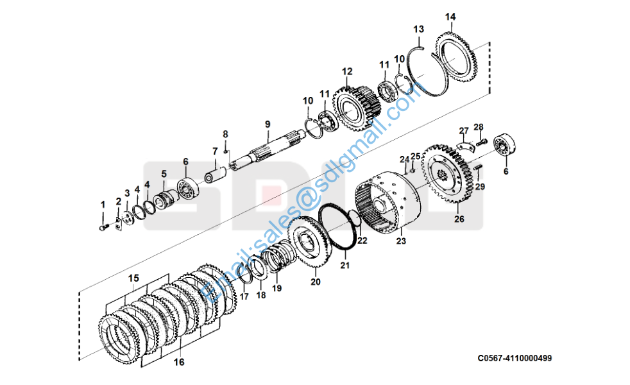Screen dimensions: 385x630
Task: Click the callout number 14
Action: click(x=450, y=16)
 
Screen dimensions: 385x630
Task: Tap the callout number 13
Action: click(x=418, y=29)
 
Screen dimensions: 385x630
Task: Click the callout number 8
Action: click(x=225, y=133)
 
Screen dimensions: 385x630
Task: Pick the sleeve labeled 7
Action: click(x=215, y=174)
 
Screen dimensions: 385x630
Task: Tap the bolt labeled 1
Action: click(x=103, y=225)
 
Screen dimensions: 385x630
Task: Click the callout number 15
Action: click(x=133, y=278)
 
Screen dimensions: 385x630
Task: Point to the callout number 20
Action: click(x=315, y=281)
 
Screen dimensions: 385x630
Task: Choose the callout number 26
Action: click(x=459, y=219)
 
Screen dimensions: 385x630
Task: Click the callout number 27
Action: click(x=464, y=131)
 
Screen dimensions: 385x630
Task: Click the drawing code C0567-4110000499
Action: click(x=514, y=358)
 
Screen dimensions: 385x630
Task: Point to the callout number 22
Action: click(x=362, y=241)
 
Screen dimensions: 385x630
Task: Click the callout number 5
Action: click(x=164, y=173)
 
